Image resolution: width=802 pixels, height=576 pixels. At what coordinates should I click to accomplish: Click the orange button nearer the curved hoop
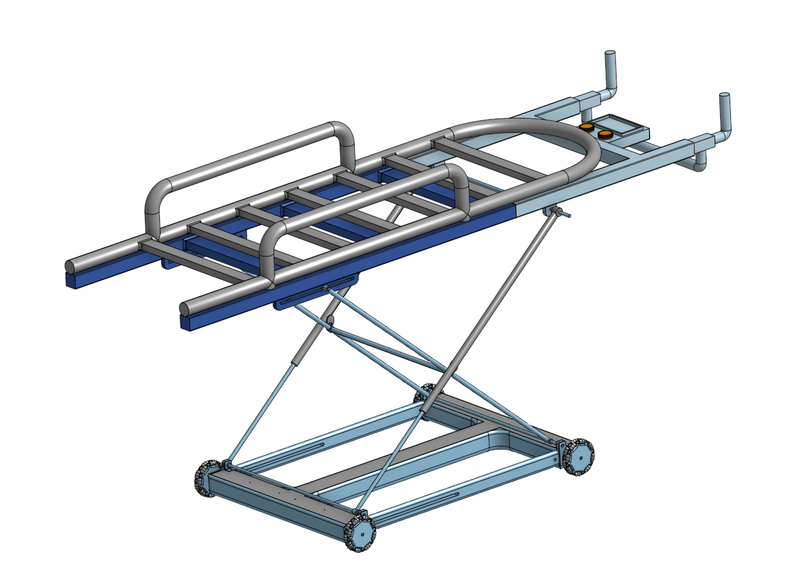[x=586, y=128]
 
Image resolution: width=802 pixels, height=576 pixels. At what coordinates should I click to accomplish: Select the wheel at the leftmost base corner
[x=205, y=479]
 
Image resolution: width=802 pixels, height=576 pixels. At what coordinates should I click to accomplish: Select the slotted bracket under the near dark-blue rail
[x=315, y=296]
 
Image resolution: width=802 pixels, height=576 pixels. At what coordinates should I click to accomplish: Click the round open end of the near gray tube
[x=184, y=308]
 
